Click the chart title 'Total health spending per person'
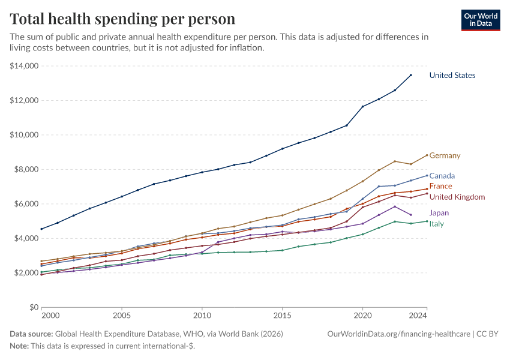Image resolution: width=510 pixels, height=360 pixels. point(122,19)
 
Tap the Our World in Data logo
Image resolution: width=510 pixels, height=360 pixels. point(480,20)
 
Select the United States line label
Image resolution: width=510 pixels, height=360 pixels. point(452,76)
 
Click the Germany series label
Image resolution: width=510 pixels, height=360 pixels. point(445,156)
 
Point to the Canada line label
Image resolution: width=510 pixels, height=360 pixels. point(442,176)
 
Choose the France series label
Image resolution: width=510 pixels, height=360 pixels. point(440,187)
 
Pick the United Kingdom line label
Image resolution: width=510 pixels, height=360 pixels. point(457,197)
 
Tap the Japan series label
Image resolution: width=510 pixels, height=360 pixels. point(439,213)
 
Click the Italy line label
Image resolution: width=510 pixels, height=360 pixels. point(436,224)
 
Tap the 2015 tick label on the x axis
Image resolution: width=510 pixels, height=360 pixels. point(282,315)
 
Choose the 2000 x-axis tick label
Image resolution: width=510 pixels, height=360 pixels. point(50,315)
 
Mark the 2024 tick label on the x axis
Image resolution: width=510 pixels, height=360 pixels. point(418,315)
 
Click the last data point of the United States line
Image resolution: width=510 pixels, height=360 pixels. point(410,75)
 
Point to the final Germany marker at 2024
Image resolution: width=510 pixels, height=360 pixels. point(427,155)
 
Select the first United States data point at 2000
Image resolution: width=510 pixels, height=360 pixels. point(41,229)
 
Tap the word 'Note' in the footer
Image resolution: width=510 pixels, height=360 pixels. point(19,346)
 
